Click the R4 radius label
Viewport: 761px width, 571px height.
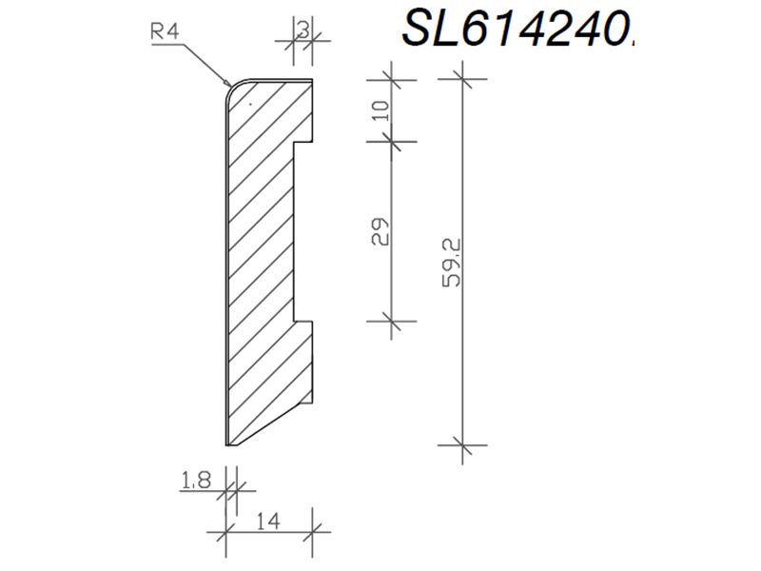[165, 30]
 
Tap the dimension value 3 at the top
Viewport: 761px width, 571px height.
[302, 30]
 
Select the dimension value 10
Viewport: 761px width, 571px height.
[380, 109]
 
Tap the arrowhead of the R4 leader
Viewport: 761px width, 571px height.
[229, 84]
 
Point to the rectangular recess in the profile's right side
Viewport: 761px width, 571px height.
[303, 232]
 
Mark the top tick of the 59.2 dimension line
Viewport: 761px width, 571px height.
[462, 79]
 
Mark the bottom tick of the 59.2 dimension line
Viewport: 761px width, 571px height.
[462, 443]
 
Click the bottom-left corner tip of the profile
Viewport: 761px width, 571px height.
[226, 444]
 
